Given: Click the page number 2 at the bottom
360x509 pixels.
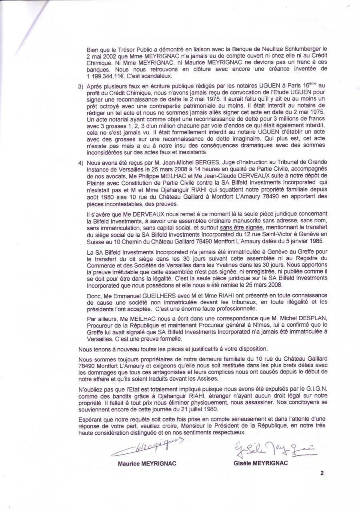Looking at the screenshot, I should tap(322, 473).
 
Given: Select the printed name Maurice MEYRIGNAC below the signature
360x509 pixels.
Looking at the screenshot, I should tap(147, 464).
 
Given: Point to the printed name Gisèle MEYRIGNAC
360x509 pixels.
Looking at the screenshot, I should tap(260, 464).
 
